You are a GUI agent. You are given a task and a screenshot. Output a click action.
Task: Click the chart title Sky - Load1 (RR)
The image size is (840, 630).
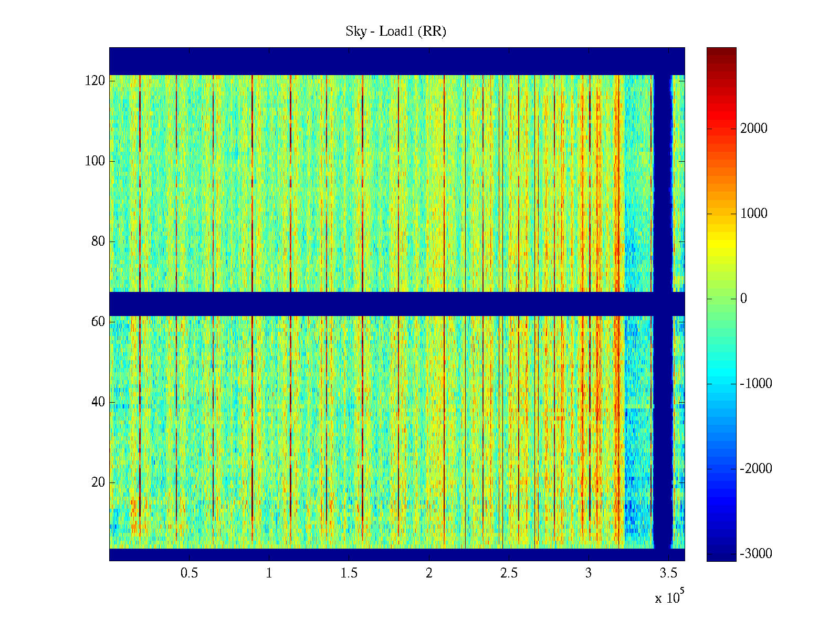(x=396, y=31)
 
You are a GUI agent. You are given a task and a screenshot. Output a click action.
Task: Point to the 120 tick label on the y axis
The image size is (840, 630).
(x=95, y=81)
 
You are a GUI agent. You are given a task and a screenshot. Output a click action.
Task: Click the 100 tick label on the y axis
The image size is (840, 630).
(x=95, y=161)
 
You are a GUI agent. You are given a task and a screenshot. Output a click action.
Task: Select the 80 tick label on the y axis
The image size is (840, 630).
(x=98, y=241)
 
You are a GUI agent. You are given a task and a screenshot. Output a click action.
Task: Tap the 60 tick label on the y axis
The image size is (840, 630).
(x=98, y=322)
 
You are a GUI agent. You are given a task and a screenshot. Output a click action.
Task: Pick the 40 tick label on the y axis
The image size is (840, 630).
(x=98, y=402)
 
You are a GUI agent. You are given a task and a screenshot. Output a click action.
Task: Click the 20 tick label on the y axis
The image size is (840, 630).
(x=98, y=482)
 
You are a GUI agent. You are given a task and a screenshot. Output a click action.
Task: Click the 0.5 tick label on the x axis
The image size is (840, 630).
(x=189, y=573)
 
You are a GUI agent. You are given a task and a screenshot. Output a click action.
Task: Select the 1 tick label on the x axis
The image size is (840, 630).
(x=269, y=573)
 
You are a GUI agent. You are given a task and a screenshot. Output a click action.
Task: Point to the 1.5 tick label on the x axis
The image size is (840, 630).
(x=349, y=573)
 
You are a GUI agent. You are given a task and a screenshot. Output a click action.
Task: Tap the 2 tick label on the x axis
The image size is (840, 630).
(x=429, y=573)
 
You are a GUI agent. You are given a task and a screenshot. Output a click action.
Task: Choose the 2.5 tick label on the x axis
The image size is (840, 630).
(x=509, y=573)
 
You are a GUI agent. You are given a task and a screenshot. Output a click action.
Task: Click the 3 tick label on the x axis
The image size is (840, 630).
(x=589, y=573)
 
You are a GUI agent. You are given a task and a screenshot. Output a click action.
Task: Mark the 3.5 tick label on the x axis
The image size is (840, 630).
(x=668, y=573)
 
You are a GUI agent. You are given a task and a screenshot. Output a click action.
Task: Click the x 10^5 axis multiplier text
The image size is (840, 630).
(x=669, y=597)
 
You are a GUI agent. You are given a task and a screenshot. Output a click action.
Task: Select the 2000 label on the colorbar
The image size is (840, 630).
(x=754, y=129)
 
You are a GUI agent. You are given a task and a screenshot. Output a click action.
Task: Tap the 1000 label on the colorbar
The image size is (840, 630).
(x=754, y=214)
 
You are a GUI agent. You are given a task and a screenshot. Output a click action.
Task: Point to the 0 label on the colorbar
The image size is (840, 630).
(x=743, y=299)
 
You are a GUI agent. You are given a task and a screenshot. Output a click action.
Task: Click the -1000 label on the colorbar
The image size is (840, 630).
(x=756, y=384)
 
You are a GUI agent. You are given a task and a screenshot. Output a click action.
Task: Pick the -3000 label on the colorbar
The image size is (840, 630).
(x=756, y=554)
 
